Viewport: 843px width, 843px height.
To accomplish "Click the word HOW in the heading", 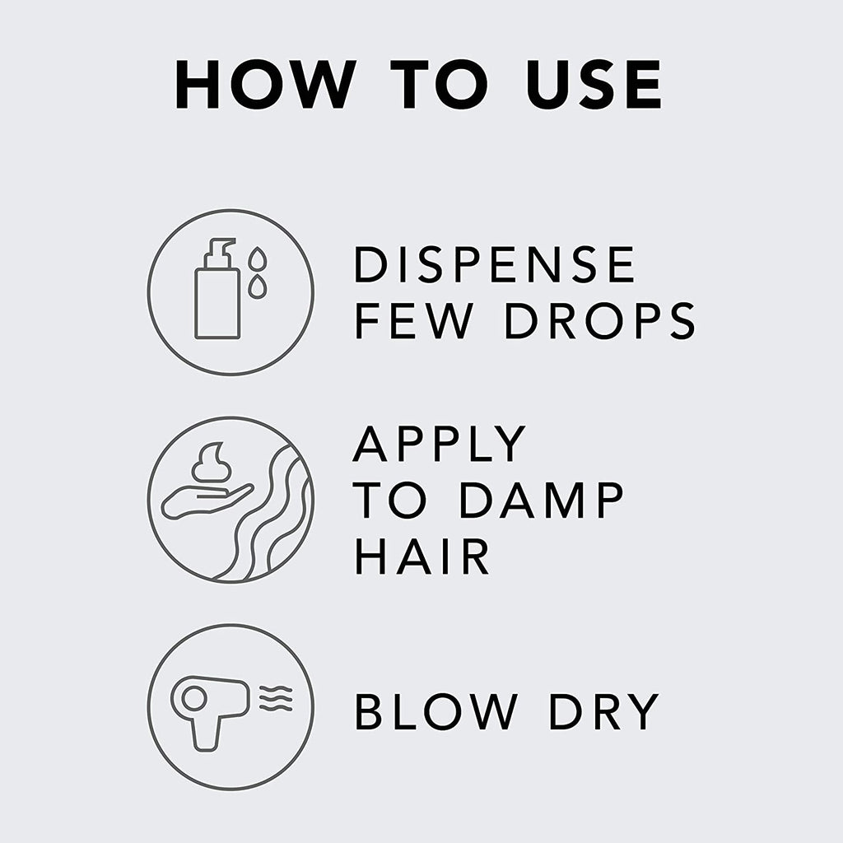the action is [x=266, y=85].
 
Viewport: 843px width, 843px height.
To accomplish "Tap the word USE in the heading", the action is [x=594, y=85].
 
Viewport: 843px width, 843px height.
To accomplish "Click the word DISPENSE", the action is [x=494, y=264].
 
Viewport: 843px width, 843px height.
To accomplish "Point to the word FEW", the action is [x=414, y=320].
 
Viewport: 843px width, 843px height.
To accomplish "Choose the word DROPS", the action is [x=600, y=320].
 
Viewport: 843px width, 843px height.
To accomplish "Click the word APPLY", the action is [x=439, y=444].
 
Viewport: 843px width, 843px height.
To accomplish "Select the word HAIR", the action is [x=421, y=557].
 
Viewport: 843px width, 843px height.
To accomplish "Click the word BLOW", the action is [x=436, y=711].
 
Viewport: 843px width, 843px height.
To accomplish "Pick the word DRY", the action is [x=603, y=711].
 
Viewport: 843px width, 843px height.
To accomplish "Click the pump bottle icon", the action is [x=217, y=289].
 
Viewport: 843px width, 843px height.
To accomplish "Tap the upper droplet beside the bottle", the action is [x=258, y=258].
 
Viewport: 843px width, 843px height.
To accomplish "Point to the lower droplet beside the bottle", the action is [x=258, y=287].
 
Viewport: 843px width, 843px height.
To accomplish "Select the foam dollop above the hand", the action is [x=212, y=463].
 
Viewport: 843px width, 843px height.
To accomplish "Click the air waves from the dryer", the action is [x=276, y=698].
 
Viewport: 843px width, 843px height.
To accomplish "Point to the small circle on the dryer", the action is [x=194, y=699].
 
